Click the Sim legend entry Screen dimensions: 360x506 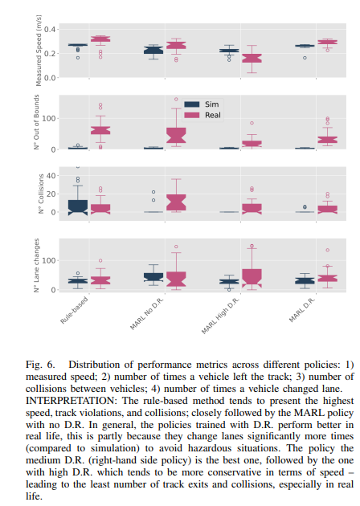202,104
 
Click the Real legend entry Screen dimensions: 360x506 202,115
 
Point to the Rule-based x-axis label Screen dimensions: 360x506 74,310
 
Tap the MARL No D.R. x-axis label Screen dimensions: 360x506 147,314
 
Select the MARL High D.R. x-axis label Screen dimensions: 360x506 220,316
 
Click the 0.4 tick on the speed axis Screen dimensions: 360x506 50,30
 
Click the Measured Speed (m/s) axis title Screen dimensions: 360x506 39,51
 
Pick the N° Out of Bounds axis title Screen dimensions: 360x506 36,122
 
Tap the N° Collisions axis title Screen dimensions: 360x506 41,194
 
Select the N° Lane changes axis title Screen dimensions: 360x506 36,265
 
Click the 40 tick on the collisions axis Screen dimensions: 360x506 51,176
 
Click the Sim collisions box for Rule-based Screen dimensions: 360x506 78,207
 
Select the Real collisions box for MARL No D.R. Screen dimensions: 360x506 176,202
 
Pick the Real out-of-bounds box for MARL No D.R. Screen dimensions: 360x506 176,136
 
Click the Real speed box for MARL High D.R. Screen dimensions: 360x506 252,59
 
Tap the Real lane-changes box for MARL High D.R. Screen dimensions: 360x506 252,278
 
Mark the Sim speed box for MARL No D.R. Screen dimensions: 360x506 153,51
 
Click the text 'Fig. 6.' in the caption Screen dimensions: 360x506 40,365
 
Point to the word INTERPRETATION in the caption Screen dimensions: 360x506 70,401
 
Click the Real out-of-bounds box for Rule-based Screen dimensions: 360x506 100,130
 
